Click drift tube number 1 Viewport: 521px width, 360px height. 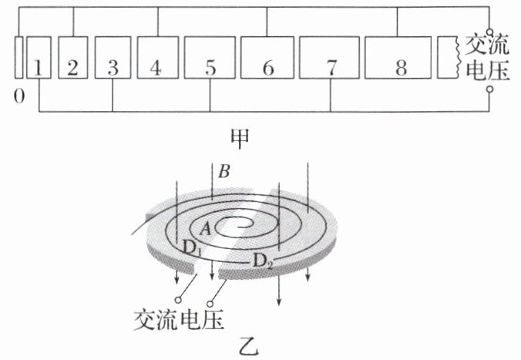pos(39,58)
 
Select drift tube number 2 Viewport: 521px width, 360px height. pos(73,58)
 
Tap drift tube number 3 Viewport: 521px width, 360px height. pos(113,58)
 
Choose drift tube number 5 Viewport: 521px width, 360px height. pos(210,58)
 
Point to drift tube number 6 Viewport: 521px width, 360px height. pos(267,58)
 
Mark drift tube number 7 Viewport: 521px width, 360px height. pos(331,58)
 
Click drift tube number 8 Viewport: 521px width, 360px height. pos(399,58)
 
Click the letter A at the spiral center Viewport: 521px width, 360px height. pos(204,228)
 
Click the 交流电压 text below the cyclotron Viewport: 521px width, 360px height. pos(182,318)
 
